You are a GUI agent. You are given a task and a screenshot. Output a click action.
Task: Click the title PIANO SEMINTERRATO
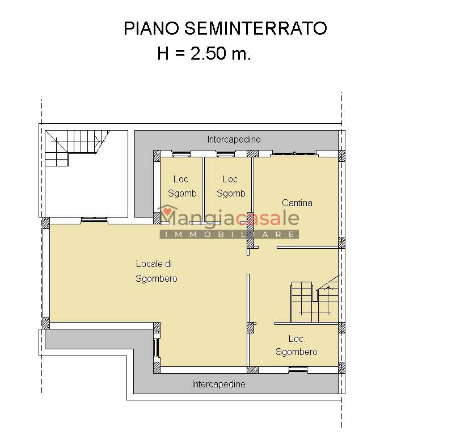point(225,28)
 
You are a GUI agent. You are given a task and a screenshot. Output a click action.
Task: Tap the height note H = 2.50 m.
point(204,53)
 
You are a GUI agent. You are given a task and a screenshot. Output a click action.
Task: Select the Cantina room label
point(297,203)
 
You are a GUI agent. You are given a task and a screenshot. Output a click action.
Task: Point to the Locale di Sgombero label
point(157,271)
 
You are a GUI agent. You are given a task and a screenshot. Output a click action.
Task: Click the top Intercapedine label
point(234,140)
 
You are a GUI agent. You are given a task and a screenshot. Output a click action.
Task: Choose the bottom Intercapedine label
point(218,384)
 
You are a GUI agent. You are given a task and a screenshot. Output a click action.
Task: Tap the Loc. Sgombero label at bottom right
point(296,345)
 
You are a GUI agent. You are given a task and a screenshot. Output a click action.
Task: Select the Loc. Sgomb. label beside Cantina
point(232,186)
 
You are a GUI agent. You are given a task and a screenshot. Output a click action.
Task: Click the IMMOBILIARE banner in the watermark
point(229,234)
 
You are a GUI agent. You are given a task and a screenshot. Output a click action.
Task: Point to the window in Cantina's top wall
point(294,153)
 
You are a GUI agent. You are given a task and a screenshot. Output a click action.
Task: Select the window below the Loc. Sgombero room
point(298,369)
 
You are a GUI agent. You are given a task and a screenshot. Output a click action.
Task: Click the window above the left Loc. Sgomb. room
point(181,154)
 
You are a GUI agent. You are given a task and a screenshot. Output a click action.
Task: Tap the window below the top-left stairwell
point(94,220)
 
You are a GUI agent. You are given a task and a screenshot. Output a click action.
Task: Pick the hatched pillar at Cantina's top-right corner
point(341,156)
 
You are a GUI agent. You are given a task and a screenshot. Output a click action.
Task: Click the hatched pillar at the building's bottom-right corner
point(341,367)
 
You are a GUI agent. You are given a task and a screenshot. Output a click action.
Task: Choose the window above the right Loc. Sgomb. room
point(226,154)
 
